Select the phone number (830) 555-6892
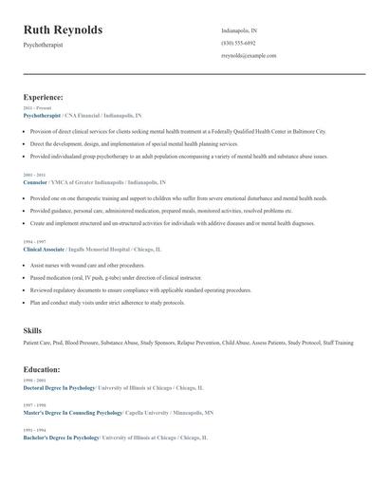(x=238, y=43)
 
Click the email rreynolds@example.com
(x=249, y=55)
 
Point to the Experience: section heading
(x=43, y=97)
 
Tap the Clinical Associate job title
(x=44, y=248)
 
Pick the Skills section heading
(x=32, y=329)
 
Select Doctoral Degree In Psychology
(x=59, y=388)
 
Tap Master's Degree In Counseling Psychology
(x=72, y=413)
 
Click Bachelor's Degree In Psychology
(x=61, y=438)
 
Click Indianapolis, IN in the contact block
(x=239, y=30)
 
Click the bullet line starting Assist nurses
(x=87, y=265)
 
